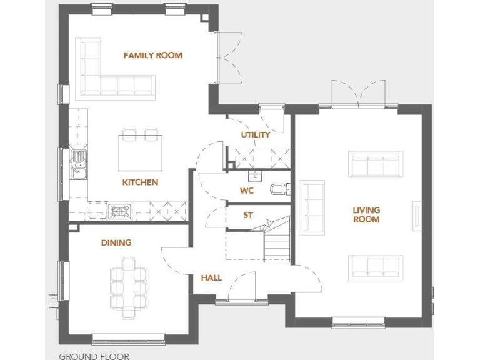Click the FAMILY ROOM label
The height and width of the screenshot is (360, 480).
(152, 55)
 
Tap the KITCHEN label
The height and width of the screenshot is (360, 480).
(140, 182)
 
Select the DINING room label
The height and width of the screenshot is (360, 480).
(116, 242)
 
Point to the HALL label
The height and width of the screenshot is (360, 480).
(211, 277)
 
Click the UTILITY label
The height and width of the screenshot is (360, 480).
(256, 134)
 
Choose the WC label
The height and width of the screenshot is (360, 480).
(247, 191)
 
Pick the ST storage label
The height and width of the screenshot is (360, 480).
(248, 215)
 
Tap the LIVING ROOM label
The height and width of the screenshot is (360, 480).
(366, 215)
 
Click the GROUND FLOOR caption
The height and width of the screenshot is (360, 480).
(94, 356)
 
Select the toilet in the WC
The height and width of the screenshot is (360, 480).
(278, 189)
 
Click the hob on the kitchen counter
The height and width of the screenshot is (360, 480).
(119, 211)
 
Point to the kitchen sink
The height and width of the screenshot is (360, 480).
(79, 164)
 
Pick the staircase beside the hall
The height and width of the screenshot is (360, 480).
(276, 241)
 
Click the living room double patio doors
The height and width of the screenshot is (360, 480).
(356, 94)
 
